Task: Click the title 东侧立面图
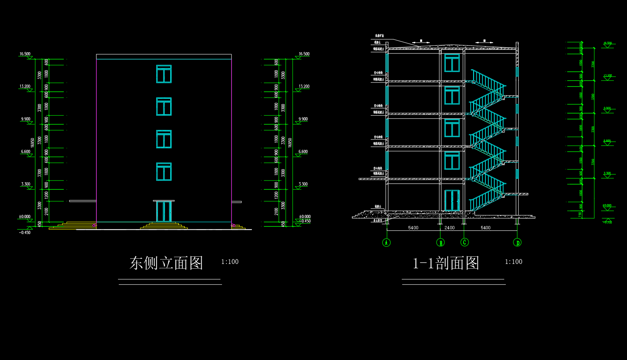(x=166, y=263)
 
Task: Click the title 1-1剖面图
(x=446, y=263)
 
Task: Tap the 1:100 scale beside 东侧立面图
(x=230, y=262)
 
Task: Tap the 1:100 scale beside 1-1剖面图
(x=513, y=262)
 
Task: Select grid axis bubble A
(x=386, y=242)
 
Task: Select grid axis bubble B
(x=440, y=242)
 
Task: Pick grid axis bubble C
(x=464, y=242)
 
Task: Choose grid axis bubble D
(x=517, y=242)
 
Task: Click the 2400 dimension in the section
(x=449, y=228)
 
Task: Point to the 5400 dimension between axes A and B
(x=413, y=228)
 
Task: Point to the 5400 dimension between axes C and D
(x=485, y=228)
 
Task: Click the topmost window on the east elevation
(x=164, y=74)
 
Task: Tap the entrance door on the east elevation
(x=164, y=211)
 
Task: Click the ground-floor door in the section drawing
(x=452, y=200)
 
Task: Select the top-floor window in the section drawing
(x=452, y=63)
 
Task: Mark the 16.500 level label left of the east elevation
(x=25, y=54)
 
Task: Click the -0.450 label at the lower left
(x=24, y=233)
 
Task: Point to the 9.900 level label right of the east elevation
(x=303, y=119)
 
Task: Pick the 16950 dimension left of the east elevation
(x=33, y=143)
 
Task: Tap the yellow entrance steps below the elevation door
(x=164, y=226)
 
